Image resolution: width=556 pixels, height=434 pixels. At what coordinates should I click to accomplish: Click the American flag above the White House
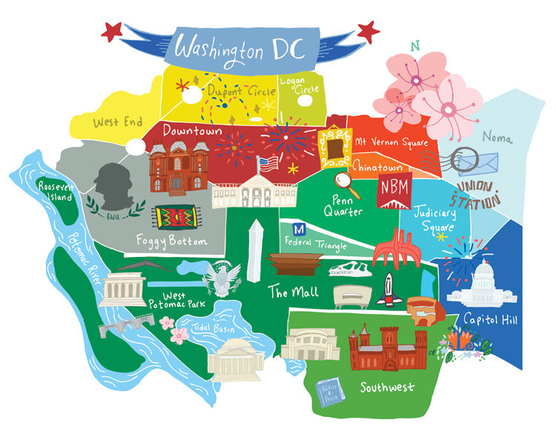point(268,162)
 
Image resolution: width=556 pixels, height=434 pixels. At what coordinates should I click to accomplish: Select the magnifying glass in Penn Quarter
point(342,181)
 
